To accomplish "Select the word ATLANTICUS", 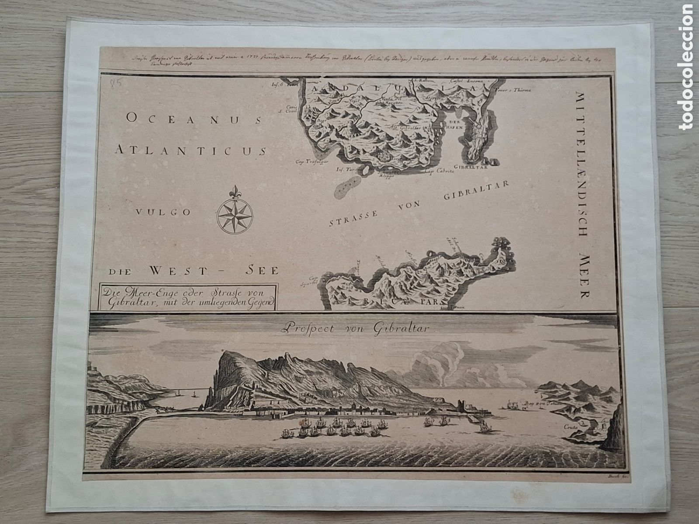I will tap(190, 151).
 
